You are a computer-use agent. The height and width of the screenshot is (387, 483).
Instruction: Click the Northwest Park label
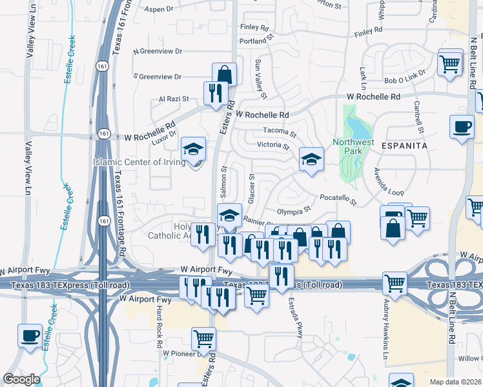coord(353,146)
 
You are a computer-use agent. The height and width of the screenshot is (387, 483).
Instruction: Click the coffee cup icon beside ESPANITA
coord(462,127)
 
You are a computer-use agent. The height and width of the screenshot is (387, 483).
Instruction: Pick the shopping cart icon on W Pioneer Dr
coord(204,338)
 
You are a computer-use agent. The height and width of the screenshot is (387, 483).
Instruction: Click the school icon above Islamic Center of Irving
coord(193,149)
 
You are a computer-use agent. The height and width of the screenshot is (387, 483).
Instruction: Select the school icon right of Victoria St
coord(311,159)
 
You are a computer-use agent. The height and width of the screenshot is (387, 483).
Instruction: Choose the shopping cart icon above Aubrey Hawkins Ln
coord(395,283)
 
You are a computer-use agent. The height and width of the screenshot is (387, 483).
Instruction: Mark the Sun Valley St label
coord(261,79)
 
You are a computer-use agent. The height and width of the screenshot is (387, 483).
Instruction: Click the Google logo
coord(21,379)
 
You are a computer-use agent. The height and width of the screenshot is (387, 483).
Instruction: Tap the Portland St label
coord(254,41)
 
